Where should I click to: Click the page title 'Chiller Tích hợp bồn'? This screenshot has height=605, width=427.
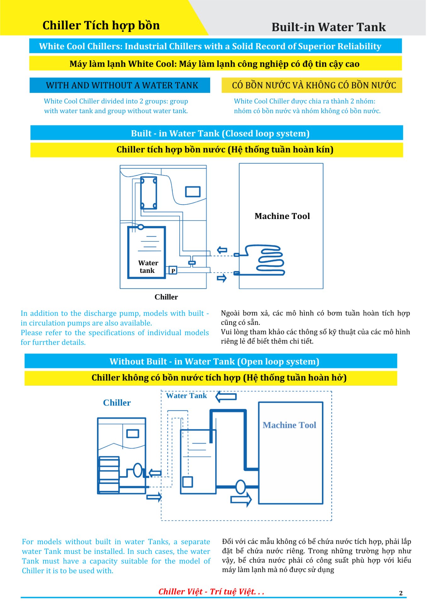point(101,26)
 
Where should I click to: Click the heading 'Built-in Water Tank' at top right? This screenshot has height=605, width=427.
point(328,27)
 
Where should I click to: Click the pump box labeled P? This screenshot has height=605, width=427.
point(173,271)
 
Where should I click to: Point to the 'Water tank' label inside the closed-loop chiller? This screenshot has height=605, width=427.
point(148,267)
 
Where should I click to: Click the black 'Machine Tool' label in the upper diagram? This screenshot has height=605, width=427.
point(282,216)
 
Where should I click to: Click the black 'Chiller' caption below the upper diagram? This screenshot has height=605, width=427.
point(166,297)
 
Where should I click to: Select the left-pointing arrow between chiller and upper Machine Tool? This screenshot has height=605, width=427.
point(222,250)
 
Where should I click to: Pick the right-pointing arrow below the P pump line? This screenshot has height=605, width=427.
point(222,278)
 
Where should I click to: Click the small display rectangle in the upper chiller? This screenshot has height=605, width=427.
point(193,192)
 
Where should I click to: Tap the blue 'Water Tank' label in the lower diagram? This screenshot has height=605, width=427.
point(186,396)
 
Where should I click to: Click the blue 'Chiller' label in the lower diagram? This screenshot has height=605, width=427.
point(117,403)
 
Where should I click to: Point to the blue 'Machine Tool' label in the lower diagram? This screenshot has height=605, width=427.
point(289,425)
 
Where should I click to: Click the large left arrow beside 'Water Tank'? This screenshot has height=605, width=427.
point(226,396)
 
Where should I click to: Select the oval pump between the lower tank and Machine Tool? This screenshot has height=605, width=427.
point(240,487)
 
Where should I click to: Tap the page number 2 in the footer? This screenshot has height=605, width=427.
point(401,593)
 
